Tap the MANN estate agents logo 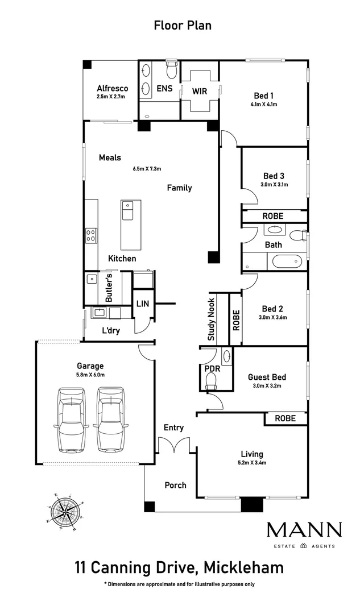click(x=304, y=535)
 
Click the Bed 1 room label click(x=264, y=96)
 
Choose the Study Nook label click(x=211, y=320)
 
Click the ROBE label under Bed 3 click(x=272, y=216)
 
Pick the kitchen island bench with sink click(x=128, y=225)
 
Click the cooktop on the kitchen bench click(x=91, y=235)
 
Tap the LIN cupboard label click(x=142, y=304)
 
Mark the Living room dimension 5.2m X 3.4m click(x=252, y=463)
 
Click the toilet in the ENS click(x=171, y=70)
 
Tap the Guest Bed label click(x=267, y=377)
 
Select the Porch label click(x=175, y=485)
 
